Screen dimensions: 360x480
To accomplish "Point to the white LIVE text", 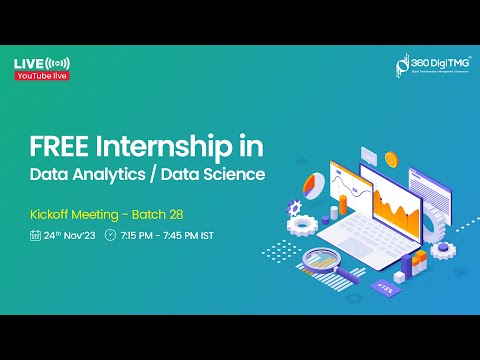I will (x=29, y=64).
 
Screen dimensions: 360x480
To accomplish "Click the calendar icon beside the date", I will (x=35, y=236).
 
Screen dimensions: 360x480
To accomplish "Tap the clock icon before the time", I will (x=110, y=236).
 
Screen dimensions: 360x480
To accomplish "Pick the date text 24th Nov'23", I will (x=69, y=236).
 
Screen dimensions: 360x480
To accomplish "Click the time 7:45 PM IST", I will (x=190, y=236).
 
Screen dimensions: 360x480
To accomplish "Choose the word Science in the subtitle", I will (x=236, y=176).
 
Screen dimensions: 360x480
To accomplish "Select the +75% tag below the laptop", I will (x=385, y=287).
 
